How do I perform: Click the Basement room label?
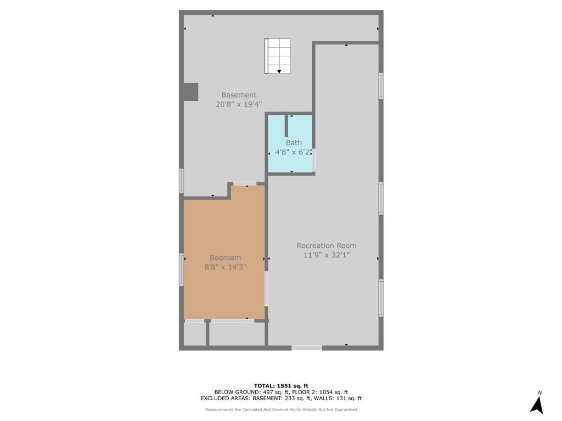pyautogui.click(x=239, y=95)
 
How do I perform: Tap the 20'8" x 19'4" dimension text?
pyautogui.click(x=239, y=104)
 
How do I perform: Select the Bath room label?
pyautogui.click(x=294, y=143)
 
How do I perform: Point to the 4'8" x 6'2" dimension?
pyautogui.click(x=293, y=152)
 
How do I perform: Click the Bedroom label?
pyautogui.click(x=225, y=258)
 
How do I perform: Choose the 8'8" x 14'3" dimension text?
pyautogui.click(x=225, y=267)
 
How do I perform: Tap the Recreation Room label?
pyautogui.click(x=327, y=246)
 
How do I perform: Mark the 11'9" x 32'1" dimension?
pyautogui.click(x=327, y=255)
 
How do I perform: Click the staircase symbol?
pyautogui.click(x=277, y=56)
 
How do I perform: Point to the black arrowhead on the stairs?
pyautogui.click(x=279, y=72)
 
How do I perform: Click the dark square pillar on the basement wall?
pyautogui.click(x=190, y=92)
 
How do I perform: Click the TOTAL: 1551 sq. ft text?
pyautogui.click(x=281, y=385)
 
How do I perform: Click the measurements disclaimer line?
pyautogui.click(x=281, y=409)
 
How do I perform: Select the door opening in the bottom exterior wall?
pyautogui.click(x=306, y=348)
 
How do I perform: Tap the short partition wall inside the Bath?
pyautogui.click(x=286, y=126)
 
